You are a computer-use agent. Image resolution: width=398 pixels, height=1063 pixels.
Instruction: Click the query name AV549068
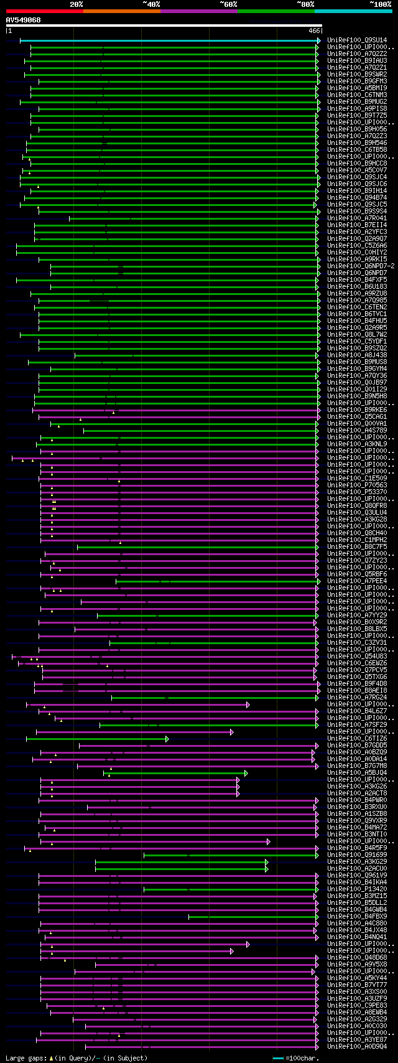click(23, 20)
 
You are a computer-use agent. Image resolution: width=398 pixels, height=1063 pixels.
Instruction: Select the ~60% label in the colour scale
click(228, 4)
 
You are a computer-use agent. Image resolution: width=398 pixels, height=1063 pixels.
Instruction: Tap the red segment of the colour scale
click(44, 11)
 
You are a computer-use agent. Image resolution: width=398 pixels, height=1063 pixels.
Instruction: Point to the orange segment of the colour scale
click(121, 11)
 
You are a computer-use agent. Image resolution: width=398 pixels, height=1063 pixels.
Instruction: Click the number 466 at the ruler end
click(313, 30)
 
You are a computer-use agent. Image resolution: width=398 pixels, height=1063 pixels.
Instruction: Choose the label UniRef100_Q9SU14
click(357, 40)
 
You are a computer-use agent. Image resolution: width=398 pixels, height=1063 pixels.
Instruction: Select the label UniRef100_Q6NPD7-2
click(361, 266)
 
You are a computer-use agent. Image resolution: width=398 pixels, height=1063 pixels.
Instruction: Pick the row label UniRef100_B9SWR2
click(357, 75)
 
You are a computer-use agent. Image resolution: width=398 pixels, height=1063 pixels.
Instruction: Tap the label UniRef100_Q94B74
click(357, 198)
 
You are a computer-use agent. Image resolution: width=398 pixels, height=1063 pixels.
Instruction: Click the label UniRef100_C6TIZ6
click(357, 739)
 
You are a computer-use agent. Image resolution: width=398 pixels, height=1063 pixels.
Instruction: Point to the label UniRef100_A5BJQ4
click(357, 773)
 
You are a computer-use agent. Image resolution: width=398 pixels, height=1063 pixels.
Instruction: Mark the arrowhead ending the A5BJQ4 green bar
click(246, 773)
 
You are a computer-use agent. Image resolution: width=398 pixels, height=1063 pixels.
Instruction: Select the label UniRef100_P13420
click(357, 889)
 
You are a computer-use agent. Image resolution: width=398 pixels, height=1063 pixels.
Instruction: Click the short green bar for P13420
click(230, 889)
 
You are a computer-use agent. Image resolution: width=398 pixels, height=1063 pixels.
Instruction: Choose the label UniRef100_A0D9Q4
click(357, 1047)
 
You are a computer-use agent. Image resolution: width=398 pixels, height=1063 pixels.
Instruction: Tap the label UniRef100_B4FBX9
click(357, 917)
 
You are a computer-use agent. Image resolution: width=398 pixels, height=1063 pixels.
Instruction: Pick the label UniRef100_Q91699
click(357, 855)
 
